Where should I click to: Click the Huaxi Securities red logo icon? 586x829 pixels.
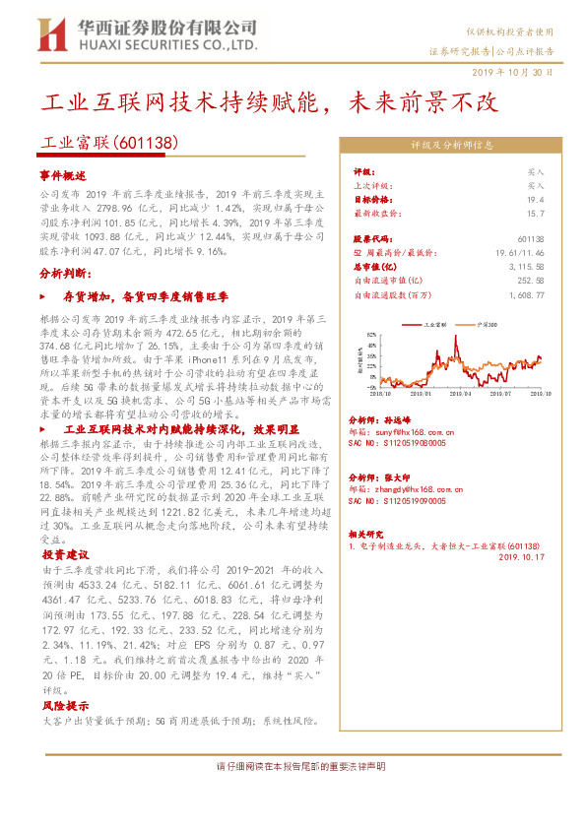(49, 33)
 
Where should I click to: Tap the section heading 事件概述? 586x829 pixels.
(64, 173)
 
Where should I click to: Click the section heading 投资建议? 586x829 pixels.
(64, 554)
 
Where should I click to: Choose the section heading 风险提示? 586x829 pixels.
(64, 707)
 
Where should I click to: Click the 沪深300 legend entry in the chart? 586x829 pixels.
(487, 323)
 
